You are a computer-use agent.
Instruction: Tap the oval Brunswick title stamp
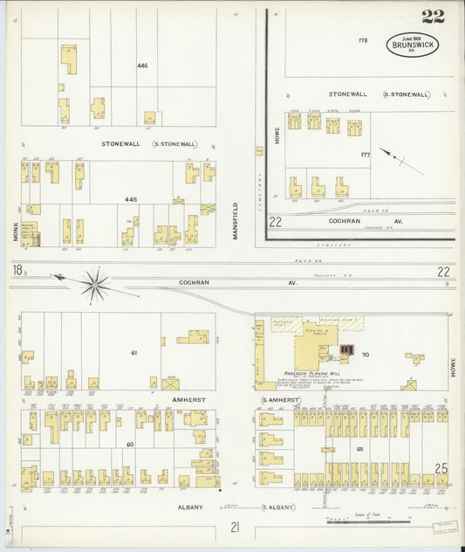tap(414, 45)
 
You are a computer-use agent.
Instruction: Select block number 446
tap(142, 66)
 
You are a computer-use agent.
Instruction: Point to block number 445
tap(131, 199)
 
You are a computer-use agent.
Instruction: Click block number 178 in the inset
tap(363, 40)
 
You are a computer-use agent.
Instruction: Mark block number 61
tap(134, 352)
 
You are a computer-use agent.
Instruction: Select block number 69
tap(359, 449)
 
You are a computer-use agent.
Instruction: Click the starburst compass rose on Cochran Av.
tap(95, 283)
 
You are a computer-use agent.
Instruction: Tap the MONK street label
tap(15, 213)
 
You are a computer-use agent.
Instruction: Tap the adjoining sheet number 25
tap(441, 469)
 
